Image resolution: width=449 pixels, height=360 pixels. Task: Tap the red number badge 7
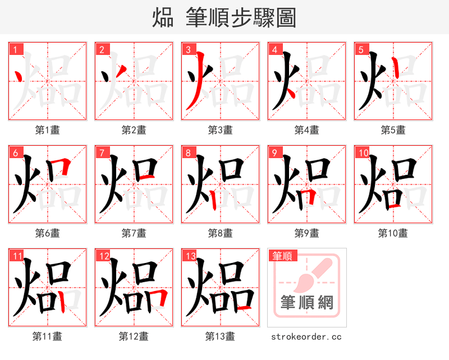tap(102, 153)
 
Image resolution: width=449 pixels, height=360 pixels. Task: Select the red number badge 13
tap(190, 256)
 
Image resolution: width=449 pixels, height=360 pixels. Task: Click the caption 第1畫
tap(48, 130)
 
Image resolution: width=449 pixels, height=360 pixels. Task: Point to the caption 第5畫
tap(393, 130)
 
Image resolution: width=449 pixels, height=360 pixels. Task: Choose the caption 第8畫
tap(220, 233)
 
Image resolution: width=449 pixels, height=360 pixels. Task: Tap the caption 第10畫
tap(393, 233)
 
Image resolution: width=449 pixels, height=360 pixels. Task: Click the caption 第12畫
tap(134, 336)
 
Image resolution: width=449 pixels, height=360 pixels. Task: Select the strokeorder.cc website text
tap(306, 336)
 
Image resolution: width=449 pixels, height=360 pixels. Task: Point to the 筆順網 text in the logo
tap(307, 303)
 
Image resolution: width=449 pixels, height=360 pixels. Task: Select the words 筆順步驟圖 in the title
tap(241, 18)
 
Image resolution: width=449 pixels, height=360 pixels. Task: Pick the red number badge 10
tap(363, 153)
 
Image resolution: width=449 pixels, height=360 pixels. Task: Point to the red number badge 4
tap(275, 49)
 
